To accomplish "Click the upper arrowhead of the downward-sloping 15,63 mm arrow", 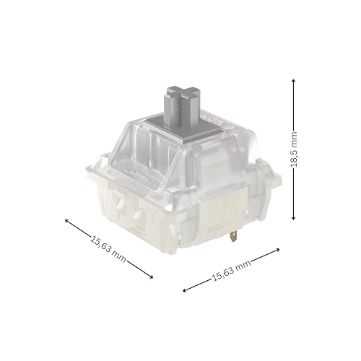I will coord(67,222).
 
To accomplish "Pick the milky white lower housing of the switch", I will coord(144,217).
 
